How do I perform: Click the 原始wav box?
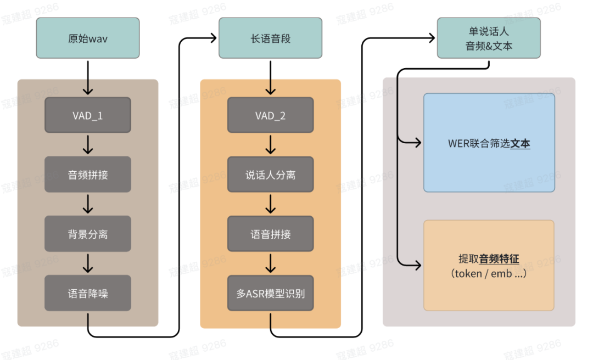88,38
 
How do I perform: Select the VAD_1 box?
88,115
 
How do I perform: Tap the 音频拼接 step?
88,175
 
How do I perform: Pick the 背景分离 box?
88,234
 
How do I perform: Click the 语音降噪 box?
88,293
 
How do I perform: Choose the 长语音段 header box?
270,38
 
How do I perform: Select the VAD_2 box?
270,115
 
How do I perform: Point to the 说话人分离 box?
270,175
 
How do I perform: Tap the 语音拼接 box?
270,234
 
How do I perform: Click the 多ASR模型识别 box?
270,293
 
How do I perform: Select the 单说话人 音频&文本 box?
489,38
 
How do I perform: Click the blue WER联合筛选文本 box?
489,143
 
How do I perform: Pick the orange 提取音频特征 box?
489,266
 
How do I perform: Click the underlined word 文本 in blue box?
520,144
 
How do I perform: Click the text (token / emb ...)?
489,273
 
